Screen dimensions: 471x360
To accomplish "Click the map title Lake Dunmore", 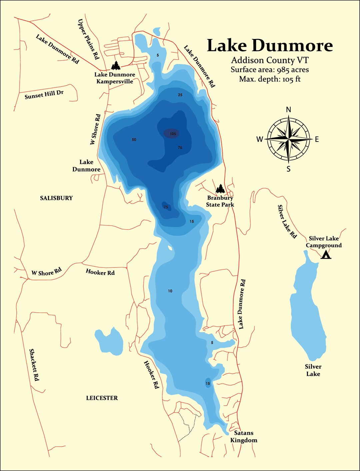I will (x=270, y=46).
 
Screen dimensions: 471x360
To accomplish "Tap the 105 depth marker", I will (x=172, y=134).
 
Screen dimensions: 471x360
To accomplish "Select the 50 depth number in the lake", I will (x=134, y=140).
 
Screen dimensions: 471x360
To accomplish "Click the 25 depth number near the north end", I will (x=180, y=95).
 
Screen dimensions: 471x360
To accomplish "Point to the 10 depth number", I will (x=170, y=291).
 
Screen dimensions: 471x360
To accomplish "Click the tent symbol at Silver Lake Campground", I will (x=326, y=255).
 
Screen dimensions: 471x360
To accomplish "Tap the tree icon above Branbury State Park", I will (x=220, y=189).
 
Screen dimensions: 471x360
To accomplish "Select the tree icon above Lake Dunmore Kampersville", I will (x=116, y=65).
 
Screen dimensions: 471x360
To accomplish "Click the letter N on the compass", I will (x=289, y=110).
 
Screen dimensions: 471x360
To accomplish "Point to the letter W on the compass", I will (x=260, y=140).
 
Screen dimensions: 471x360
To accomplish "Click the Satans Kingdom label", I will (x=244, y=436).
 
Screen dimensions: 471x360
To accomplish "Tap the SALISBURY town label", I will (x=56, y=198).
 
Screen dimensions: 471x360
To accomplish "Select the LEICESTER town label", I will (x=102, y=398).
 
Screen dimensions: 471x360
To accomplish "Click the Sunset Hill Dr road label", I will (x=44, y=95).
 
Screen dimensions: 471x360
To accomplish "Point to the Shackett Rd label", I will (x=34, y=365).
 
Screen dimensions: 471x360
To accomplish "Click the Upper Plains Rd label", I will (x=88, y=39).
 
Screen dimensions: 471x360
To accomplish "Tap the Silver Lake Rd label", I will (x=287, y=222).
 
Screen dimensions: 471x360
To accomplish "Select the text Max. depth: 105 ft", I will (x=270, y=79).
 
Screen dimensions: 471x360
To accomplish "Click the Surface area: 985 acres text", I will (x=270, y=70).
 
